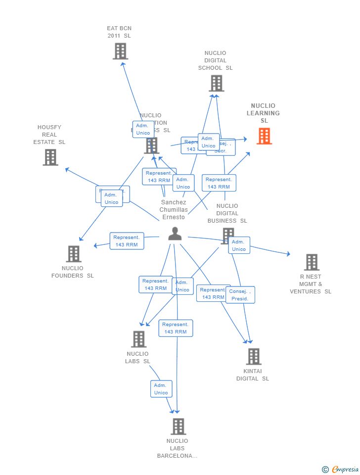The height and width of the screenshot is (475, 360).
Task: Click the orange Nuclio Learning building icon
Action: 264,136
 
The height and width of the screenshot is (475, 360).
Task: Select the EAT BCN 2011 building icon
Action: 120,51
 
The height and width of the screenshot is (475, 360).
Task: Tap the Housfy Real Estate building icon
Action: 50,157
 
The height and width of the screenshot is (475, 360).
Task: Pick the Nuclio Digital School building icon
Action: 216,83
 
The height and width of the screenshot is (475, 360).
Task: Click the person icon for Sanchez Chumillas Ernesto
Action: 175,234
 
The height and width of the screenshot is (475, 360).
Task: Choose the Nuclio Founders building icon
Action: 74,254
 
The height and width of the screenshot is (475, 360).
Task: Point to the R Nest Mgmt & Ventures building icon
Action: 312,262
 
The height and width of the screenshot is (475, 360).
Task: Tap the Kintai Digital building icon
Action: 253,356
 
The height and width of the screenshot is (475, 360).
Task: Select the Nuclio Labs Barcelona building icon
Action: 178,426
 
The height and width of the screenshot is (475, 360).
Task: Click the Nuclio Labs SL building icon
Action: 138,339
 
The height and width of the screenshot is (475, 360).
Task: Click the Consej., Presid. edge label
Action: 240,295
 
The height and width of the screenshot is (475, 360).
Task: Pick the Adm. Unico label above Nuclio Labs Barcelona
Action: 161,389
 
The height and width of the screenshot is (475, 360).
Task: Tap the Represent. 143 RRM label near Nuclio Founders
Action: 127,241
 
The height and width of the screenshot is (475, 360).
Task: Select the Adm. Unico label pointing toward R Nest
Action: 239,245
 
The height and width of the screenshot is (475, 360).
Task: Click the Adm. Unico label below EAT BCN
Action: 143,129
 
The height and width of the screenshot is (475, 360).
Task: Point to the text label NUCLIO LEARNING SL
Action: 264,113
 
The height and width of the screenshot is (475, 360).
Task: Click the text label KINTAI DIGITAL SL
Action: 252,375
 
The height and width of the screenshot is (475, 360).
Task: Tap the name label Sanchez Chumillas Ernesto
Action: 173,210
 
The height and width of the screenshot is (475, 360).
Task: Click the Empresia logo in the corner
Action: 341,469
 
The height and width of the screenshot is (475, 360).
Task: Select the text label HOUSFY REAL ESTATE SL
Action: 49,135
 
